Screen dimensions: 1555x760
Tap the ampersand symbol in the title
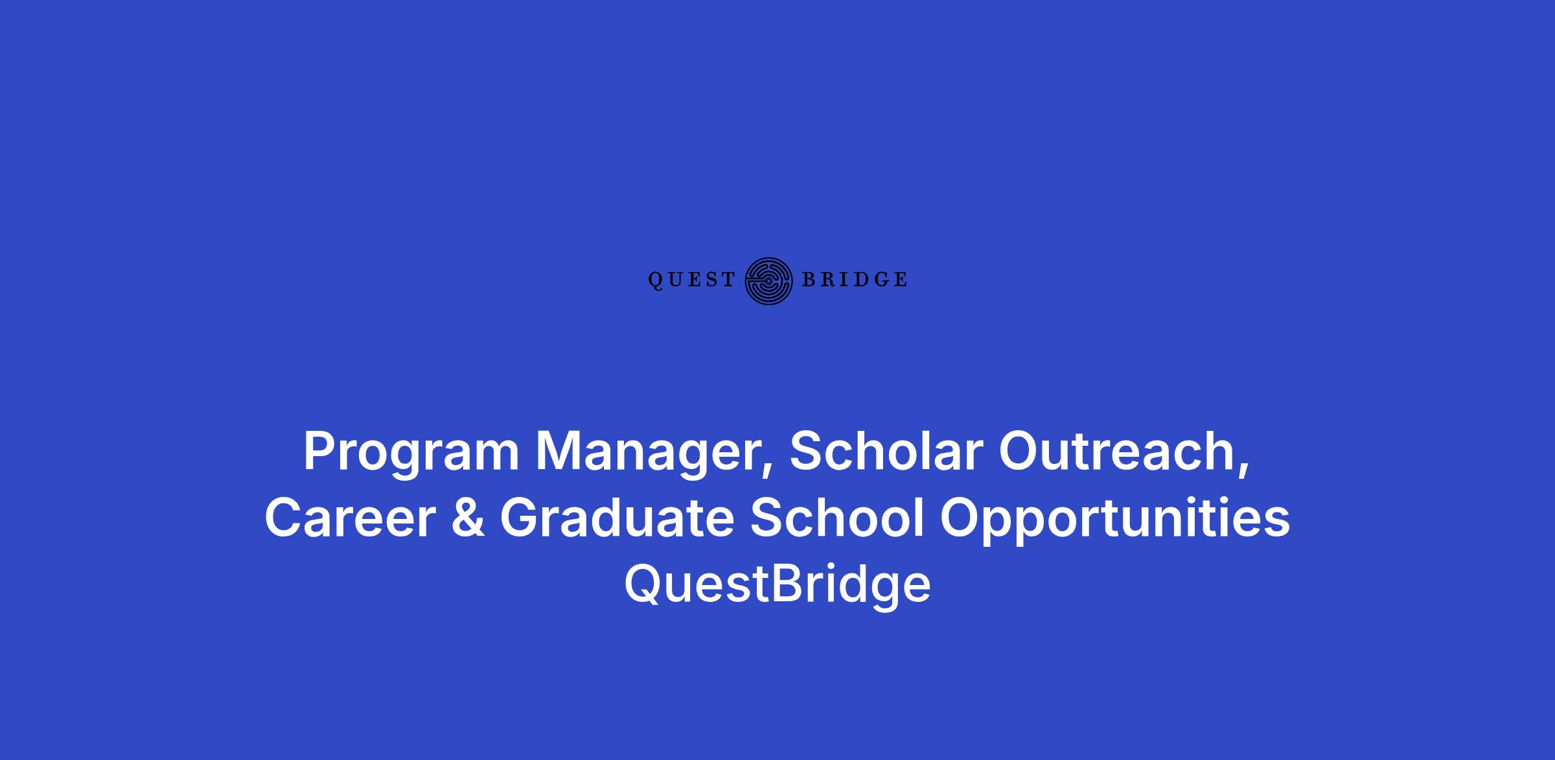[467, 518]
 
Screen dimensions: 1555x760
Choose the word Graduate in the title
[617, 518]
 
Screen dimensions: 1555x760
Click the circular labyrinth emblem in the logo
[769, 281]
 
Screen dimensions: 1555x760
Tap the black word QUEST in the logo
[692, 280]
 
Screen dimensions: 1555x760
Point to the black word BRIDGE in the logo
[855, 280]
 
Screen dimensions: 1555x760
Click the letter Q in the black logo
[656, 281]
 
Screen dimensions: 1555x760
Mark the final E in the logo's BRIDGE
[900, 280]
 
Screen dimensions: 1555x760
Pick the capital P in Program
[320, 452]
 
